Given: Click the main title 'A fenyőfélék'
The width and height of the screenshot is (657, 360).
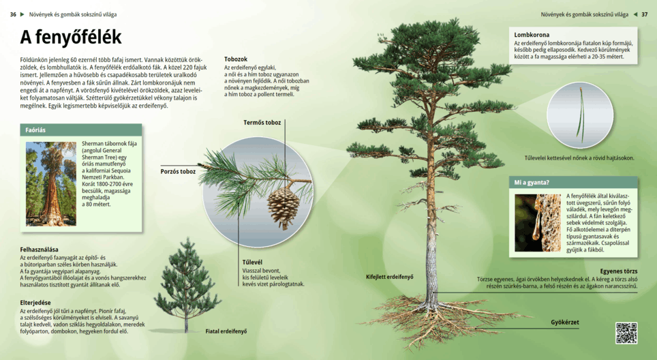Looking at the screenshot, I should coord(70,37).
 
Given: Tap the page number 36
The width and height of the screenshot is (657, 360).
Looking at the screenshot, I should coord(13,14).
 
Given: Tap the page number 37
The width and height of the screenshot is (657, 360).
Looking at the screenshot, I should coord(644,14).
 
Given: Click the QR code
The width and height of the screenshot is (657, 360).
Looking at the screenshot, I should coord(626,333).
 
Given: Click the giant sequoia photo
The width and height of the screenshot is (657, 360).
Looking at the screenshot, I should coord(51,183).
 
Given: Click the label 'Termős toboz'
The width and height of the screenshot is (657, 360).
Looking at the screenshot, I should coord(262,123).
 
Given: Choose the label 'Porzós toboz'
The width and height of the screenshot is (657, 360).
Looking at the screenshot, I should coord(178,171).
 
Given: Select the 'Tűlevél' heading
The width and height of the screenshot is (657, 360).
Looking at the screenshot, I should coord(252,262).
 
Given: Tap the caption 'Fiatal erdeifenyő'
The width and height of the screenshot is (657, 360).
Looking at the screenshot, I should coord(226,331).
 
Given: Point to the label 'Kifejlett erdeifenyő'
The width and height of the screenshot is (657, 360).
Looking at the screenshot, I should coord(389,277).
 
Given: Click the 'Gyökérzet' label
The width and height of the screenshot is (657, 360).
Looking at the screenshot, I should coord(564,322).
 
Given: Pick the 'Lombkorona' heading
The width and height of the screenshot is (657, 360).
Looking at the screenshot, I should coord(532,35).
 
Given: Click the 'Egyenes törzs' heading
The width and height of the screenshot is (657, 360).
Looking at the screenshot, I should coord(618,271).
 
